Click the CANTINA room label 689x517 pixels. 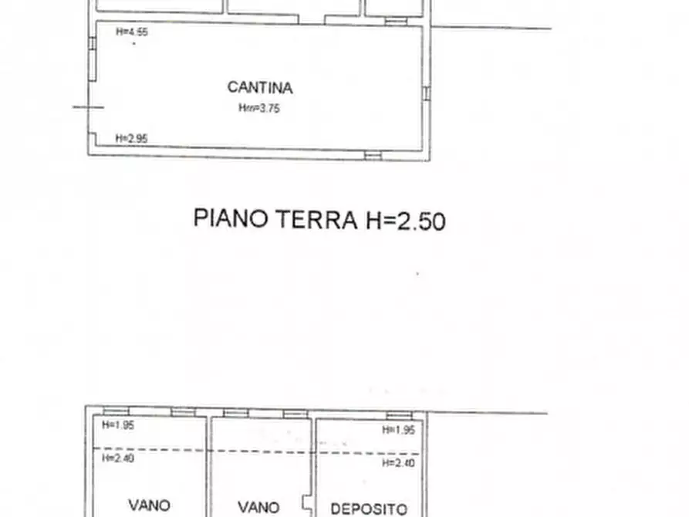tap(259, 87)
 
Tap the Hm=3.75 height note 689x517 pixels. tap(259, 109)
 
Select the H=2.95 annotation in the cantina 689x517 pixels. tap(131, 138)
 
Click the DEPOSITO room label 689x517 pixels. tap(368, 509)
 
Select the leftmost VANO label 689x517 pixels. tap(149, 505)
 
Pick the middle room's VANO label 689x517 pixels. tap(258, 508)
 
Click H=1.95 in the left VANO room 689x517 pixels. tap(118, 425)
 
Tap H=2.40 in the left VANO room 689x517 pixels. tap(118, 458)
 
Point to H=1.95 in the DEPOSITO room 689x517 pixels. tap(398, 430)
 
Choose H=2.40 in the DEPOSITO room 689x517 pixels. tap(398, 462)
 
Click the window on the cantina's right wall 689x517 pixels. tap(425, 93)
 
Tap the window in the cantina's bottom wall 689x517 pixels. tap(373, 156)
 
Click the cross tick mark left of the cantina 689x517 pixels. tap(88, 107)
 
